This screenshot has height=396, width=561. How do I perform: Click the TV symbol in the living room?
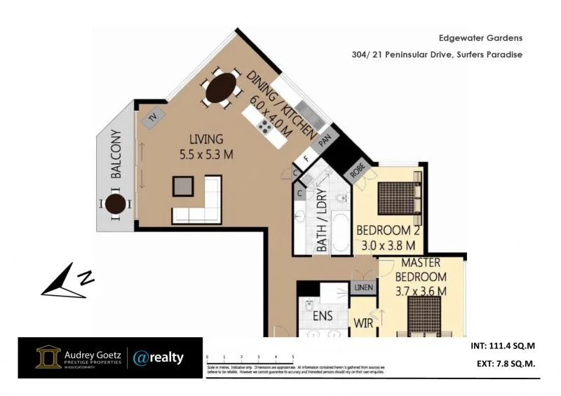tap(151, 118)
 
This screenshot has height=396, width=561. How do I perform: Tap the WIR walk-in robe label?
tap(362, 324)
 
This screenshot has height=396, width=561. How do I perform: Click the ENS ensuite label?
tap(323, 316)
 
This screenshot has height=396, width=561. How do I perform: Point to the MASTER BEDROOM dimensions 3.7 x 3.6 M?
tap(421, 290)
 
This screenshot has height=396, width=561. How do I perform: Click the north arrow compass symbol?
tap(67, 280)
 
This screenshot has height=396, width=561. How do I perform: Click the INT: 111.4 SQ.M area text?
tap(501, 347)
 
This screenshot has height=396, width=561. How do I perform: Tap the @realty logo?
tap(158, 358)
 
